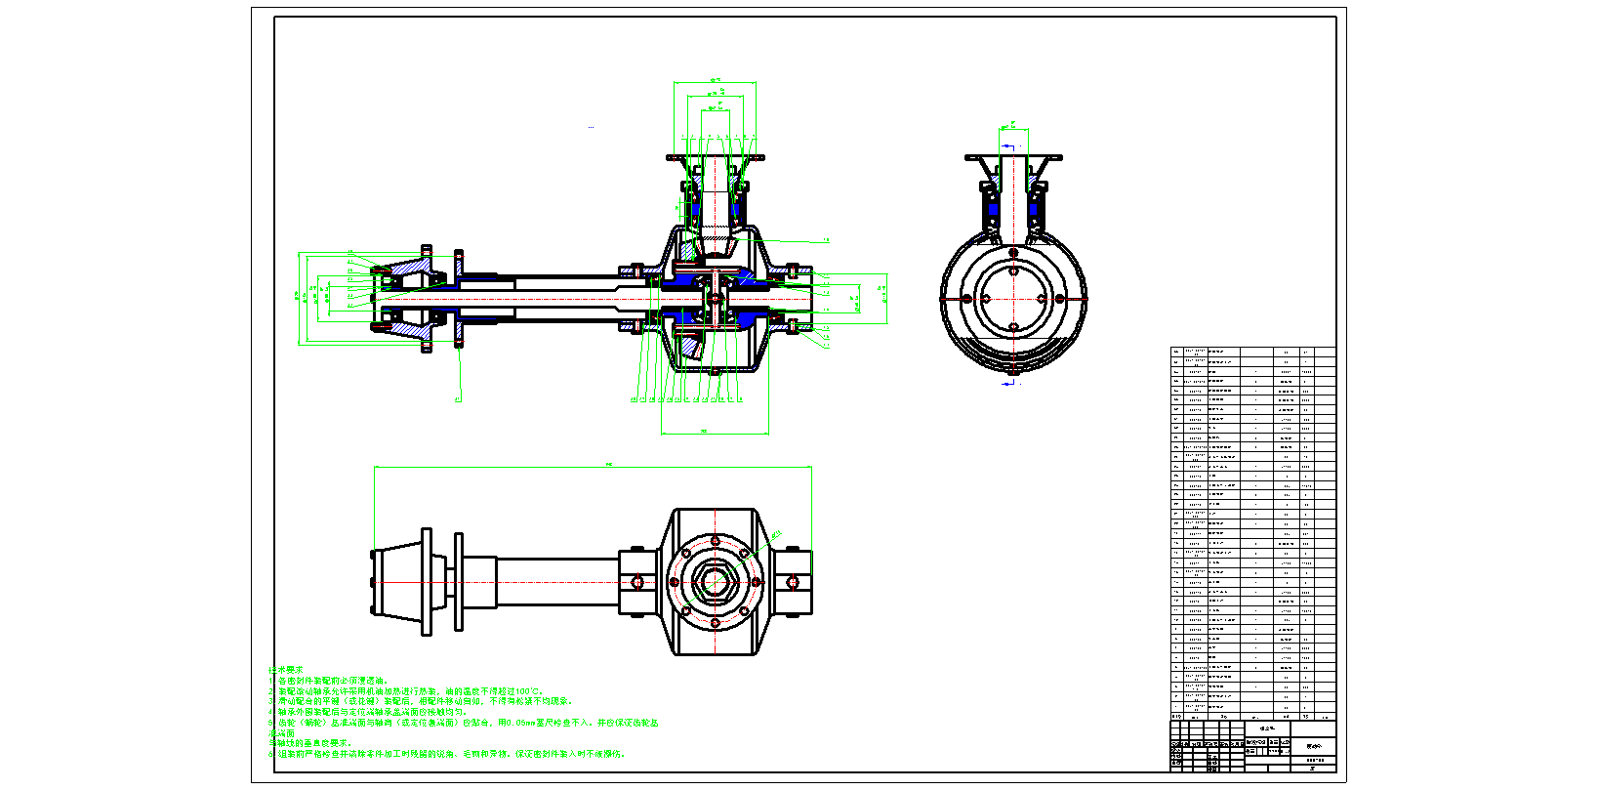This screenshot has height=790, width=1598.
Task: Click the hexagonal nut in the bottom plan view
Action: [714, 582]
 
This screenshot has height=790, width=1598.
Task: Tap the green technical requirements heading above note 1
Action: [285, 670]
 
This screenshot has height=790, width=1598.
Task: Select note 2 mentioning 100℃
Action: [410, 691]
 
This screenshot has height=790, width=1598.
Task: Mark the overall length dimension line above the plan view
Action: [593, 468]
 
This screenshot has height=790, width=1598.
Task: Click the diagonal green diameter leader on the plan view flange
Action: [771, 534]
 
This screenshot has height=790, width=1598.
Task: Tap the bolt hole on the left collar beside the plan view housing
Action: [636, 582]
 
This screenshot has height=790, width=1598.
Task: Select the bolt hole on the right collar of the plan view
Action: [793, 582]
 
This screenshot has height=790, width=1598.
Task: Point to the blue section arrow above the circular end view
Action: [1007, 147]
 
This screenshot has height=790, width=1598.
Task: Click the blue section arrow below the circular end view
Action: [1008, 383]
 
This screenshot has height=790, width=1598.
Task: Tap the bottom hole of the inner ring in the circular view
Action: [1013, 327]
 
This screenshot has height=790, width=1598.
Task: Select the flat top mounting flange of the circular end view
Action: [1013, 157]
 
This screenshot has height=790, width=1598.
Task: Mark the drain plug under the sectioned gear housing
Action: [715, 372]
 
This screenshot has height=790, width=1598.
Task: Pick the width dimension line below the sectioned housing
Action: [715, 433]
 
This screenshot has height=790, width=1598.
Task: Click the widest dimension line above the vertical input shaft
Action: [715, 83]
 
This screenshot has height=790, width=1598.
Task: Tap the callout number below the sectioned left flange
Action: [457, 398]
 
